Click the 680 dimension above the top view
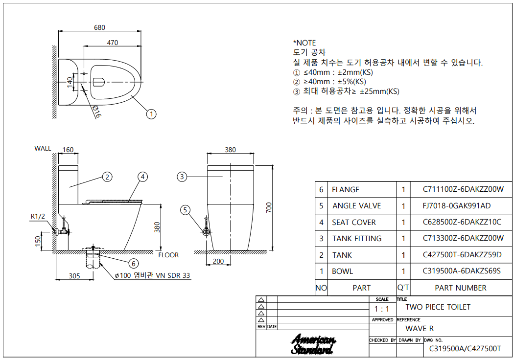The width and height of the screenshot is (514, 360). coord(99,28)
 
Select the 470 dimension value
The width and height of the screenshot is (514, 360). coord(112,43)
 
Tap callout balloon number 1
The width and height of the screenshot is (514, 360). coord(152,114)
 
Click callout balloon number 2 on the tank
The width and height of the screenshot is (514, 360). coord(108,177)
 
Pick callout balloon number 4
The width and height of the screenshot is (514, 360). coord(142,177)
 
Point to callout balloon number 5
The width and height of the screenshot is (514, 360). coord(185,210)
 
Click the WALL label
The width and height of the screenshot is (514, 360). coord(43,149)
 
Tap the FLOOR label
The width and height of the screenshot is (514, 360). coord(168,255)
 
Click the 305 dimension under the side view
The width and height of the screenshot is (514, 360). coord(74,276)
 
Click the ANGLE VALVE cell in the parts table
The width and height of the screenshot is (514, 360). coord(356,206)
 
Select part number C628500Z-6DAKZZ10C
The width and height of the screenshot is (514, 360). coord(462,222)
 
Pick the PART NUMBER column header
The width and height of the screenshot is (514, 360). coord(461,288)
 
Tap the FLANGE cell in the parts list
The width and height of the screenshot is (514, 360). coord(346,189)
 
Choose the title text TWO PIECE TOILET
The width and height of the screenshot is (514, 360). coord(438,307)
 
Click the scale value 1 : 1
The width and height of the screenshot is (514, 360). coord(382,309)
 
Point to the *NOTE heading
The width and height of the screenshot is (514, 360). coord(304,43)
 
